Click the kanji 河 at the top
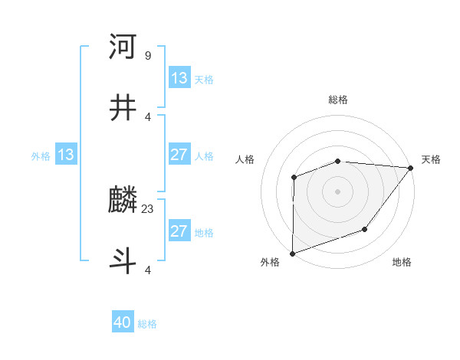pos(123,47)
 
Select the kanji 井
pos(123,109)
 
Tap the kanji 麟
pos(123,201)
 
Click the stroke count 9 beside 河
pos(147,55)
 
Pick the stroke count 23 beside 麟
pos(148,208)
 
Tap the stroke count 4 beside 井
pos(147,116)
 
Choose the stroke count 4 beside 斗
pos(147,270)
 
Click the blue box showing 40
pos(123,322)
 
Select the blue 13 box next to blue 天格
pos(179,77)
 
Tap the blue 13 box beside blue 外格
pos(66,155)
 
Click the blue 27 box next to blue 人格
pos(179,155)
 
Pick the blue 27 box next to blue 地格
pos(179,231)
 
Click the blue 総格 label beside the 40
pos(148,324)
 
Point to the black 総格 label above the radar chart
pos(338,100)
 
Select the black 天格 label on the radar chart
pos(431,159)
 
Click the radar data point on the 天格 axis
pos(411,168)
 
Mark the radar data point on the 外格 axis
pos(293,253)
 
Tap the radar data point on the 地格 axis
pos(366,229)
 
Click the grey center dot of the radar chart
pos(338,191)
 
